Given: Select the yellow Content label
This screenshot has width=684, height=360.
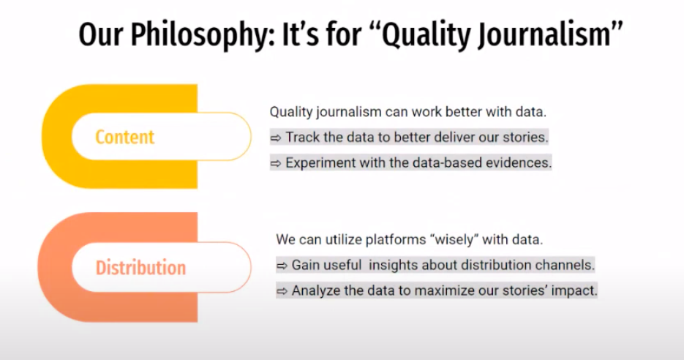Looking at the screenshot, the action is [125, 137].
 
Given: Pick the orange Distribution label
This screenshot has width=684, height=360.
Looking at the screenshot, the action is [140, 267].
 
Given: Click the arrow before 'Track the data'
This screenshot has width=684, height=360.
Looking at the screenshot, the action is [275, 138].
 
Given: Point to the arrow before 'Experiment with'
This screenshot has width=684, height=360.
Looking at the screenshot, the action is [275, 164].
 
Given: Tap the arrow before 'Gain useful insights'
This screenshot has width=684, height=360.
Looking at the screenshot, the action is [282, 266].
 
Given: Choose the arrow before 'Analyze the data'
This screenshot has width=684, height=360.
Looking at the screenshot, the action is [282, 291].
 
